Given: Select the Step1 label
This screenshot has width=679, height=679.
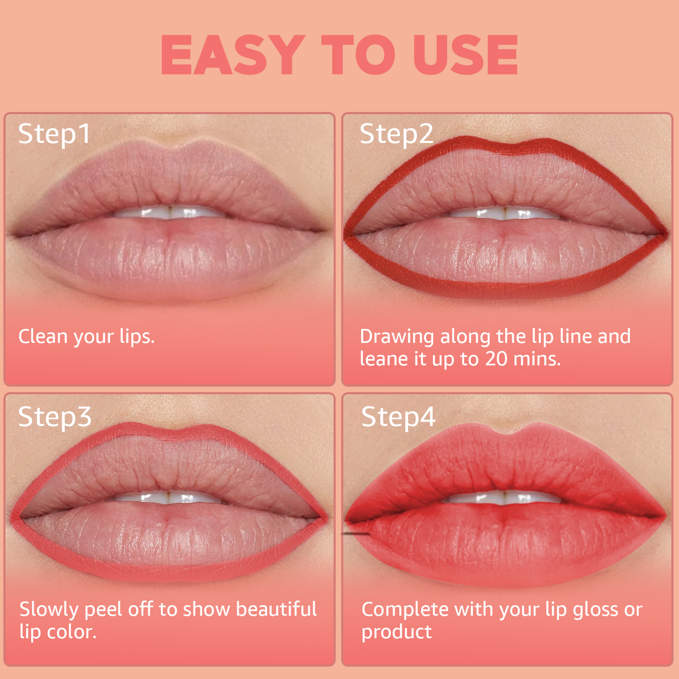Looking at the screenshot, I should coord(55,134).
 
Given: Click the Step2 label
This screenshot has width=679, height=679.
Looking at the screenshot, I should coord(396,134).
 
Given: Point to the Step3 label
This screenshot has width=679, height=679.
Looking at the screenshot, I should coord(55,417).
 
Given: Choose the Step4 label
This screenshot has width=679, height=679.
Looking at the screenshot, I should coord(398,417).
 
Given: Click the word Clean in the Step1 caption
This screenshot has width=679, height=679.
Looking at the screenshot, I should coord(42,336).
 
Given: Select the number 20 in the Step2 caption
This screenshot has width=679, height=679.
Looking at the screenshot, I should coord(497,359).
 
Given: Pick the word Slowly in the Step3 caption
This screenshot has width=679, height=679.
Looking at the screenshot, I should coord(49,609).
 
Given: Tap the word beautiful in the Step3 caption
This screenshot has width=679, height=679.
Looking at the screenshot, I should coord(276,609).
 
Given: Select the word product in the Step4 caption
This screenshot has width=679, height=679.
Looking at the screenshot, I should coord(396,632).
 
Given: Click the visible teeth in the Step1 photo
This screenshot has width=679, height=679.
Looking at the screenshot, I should coord(170,212).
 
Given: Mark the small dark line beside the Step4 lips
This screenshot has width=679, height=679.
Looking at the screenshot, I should coord(356,534).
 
